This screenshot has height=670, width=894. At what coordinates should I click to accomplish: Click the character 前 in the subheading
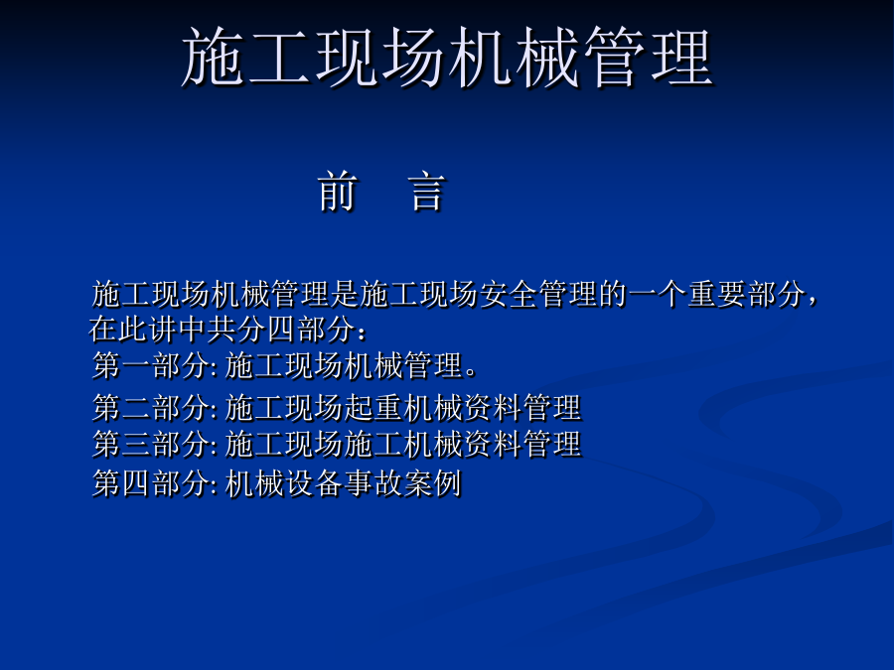pyautogui.click(x=338, y=192)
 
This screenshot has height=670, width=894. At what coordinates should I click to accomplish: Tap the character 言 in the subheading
pyautogui.click(x=426, y=192)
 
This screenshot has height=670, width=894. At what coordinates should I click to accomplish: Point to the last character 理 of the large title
pyautogui.click(x=681, y=57)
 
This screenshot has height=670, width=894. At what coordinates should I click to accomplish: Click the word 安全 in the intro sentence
pyautogui.click(x=509, y=295)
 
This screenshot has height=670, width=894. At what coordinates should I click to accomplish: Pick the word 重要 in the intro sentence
pyautogui.click(x=716, y=295)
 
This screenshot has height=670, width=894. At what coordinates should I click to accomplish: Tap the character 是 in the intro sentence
pyautogui.click(x=345, y=295)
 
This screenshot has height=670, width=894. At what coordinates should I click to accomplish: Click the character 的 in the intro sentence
pyautogui.click(x=612, y=295)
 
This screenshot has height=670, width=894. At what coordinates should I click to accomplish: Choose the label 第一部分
pyautogui.click(x=151, y=365)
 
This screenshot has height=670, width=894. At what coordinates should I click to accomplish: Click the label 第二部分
pyautogui.click(x=151, y=407)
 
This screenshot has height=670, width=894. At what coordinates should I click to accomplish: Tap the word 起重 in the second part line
pyautogui.click(x=372, y=407)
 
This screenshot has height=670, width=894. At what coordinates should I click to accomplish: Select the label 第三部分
pyautogui.click(x=151, y=445)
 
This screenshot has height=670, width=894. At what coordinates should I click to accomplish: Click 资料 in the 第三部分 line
pyautogui.click(x=492, y=445)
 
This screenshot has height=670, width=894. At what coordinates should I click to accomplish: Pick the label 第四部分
pyautogui.click(x=151, y=483)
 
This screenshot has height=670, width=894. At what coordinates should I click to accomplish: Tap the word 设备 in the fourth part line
pyautogui.click(x=314, y=483)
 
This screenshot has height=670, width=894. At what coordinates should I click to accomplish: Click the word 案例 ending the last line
pyautogui.click(x=433, y=483)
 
